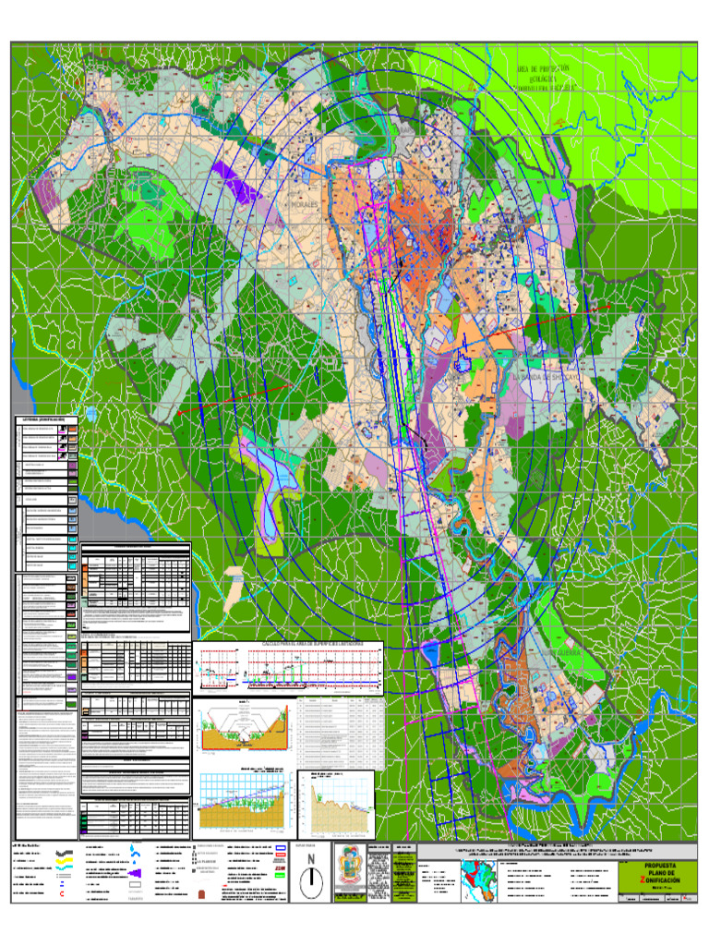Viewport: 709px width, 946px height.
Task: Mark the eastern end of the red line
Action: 609,304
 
